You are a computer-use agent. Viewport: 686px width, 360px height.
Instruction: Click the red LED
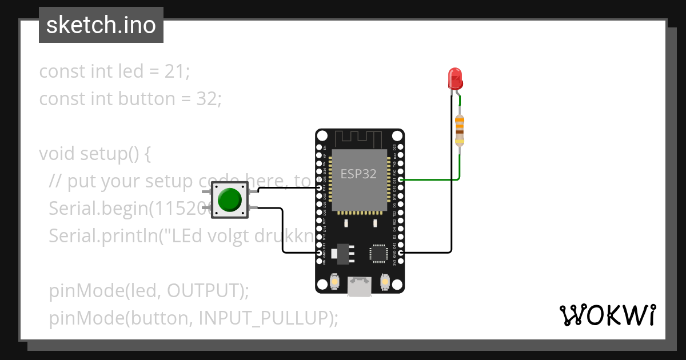click(455, 78)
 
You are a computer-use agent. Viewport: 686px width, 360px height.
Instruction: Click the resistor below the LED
click(459, 130)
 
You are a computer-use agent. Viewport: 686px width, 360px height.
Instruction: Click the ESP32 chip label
click(358, 174)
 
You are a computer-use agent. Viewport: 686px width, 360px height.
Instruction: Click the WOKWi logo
click(607, 315)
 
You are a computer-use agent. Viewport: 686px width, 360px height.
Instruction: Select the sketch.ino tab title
click(101, 25)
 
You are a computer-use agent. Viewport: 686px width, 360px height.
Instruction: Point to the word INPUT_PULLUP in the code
click(265, 318)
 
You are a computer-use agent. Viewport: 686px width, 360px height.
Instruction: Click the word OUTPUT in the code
click(205, 291)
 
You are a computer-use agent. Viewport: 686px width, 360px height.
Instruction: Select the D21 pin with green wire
click(401, 179)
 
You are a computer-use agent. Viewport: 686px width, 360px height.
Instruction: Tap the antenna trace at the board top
click(358, 138)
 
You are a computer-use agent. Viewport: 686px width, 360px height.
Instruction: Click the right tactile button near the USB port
click(384, 282)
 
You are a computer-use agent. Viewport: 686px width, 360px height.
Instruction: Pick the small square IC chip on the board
click(378, 253)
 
